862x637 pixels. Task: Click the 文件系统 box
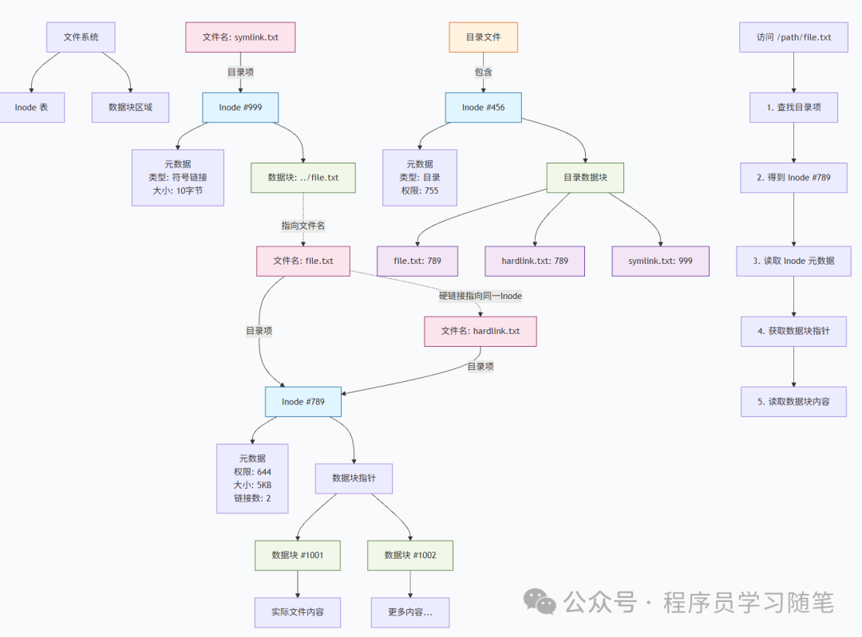click(x=81, y=37)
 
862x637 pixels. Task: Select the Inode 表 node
click(x=32, y=107)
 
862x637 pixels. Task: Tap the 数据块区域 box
click(x=130, y=107)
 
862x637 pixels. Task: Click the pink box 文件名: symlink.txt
click(x=240, y=37)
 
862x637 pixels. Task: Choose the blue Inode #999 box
click(x=240, y=107)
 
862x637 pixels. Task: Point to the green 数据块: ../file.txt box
click(x=303, y=178)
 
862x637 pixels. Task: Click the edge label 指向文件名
click(x=303, y=226)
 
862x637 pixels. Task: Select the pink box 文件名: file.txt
click(x=303, y=261)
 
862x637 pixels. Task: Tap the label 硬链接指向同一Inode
click(x=480, y=296)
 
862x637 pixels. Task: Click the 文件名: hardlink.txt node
click(x=480, y=331)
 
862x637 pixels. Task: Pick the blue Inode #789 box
click(x=303, y=402)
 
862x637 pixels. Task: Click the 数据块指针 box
click(x=354, y=478)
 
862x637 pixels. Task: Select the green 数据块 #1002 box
click(x=410, y=555)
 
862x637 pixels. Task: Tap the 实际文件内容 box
click(x=298, y=612)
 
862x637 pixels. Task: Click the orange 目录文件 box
click(x=484, y=37)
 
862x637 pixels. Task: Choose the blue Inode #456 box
click(x=484, y=107)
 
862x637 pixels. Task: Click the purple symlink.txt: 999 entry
click(x=661, y=261)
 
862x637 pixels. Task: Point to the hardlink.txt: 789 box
click(x=535, y=261)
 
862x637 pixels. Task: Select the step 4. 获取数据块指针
click(x=793, y=331)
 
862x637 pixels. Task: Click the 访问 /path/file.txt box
click(x=793, y=37)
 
